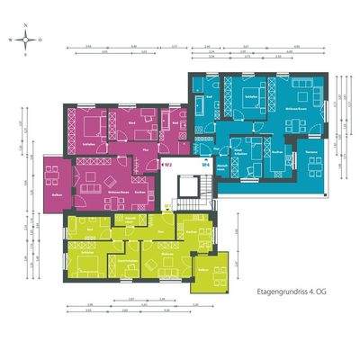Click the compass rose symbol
coord(30,40)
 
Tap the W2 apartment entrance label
coord(167,165)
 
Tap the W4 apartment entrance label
coord(204,165)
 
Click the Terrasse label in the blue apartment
coord(312,154)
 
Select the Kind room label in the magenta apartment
coord(131,120)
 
